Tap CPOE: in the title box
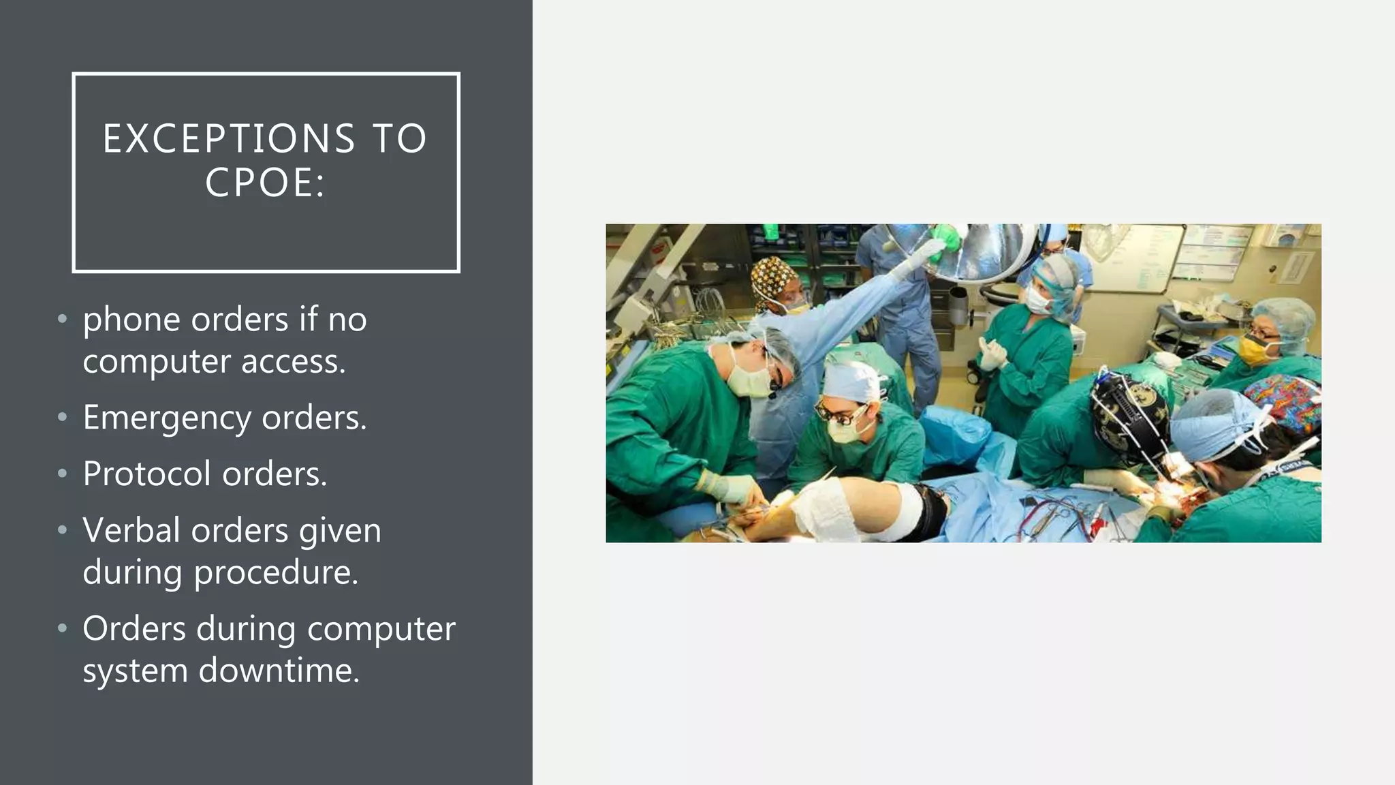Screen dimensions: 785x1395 point(265,183)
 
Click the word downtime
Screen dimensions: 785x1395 point(279,671)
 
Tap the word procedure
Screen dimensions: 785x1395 point(276,572)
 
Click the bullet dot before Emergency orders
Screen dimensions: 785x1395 point(63,417)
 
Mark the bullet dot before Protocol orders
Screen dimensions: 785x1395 point(63,473)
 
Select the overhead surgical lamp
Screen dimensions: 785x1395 point(981,252)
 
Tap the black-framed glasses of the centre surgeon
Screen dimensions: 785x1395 point(842,412)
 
